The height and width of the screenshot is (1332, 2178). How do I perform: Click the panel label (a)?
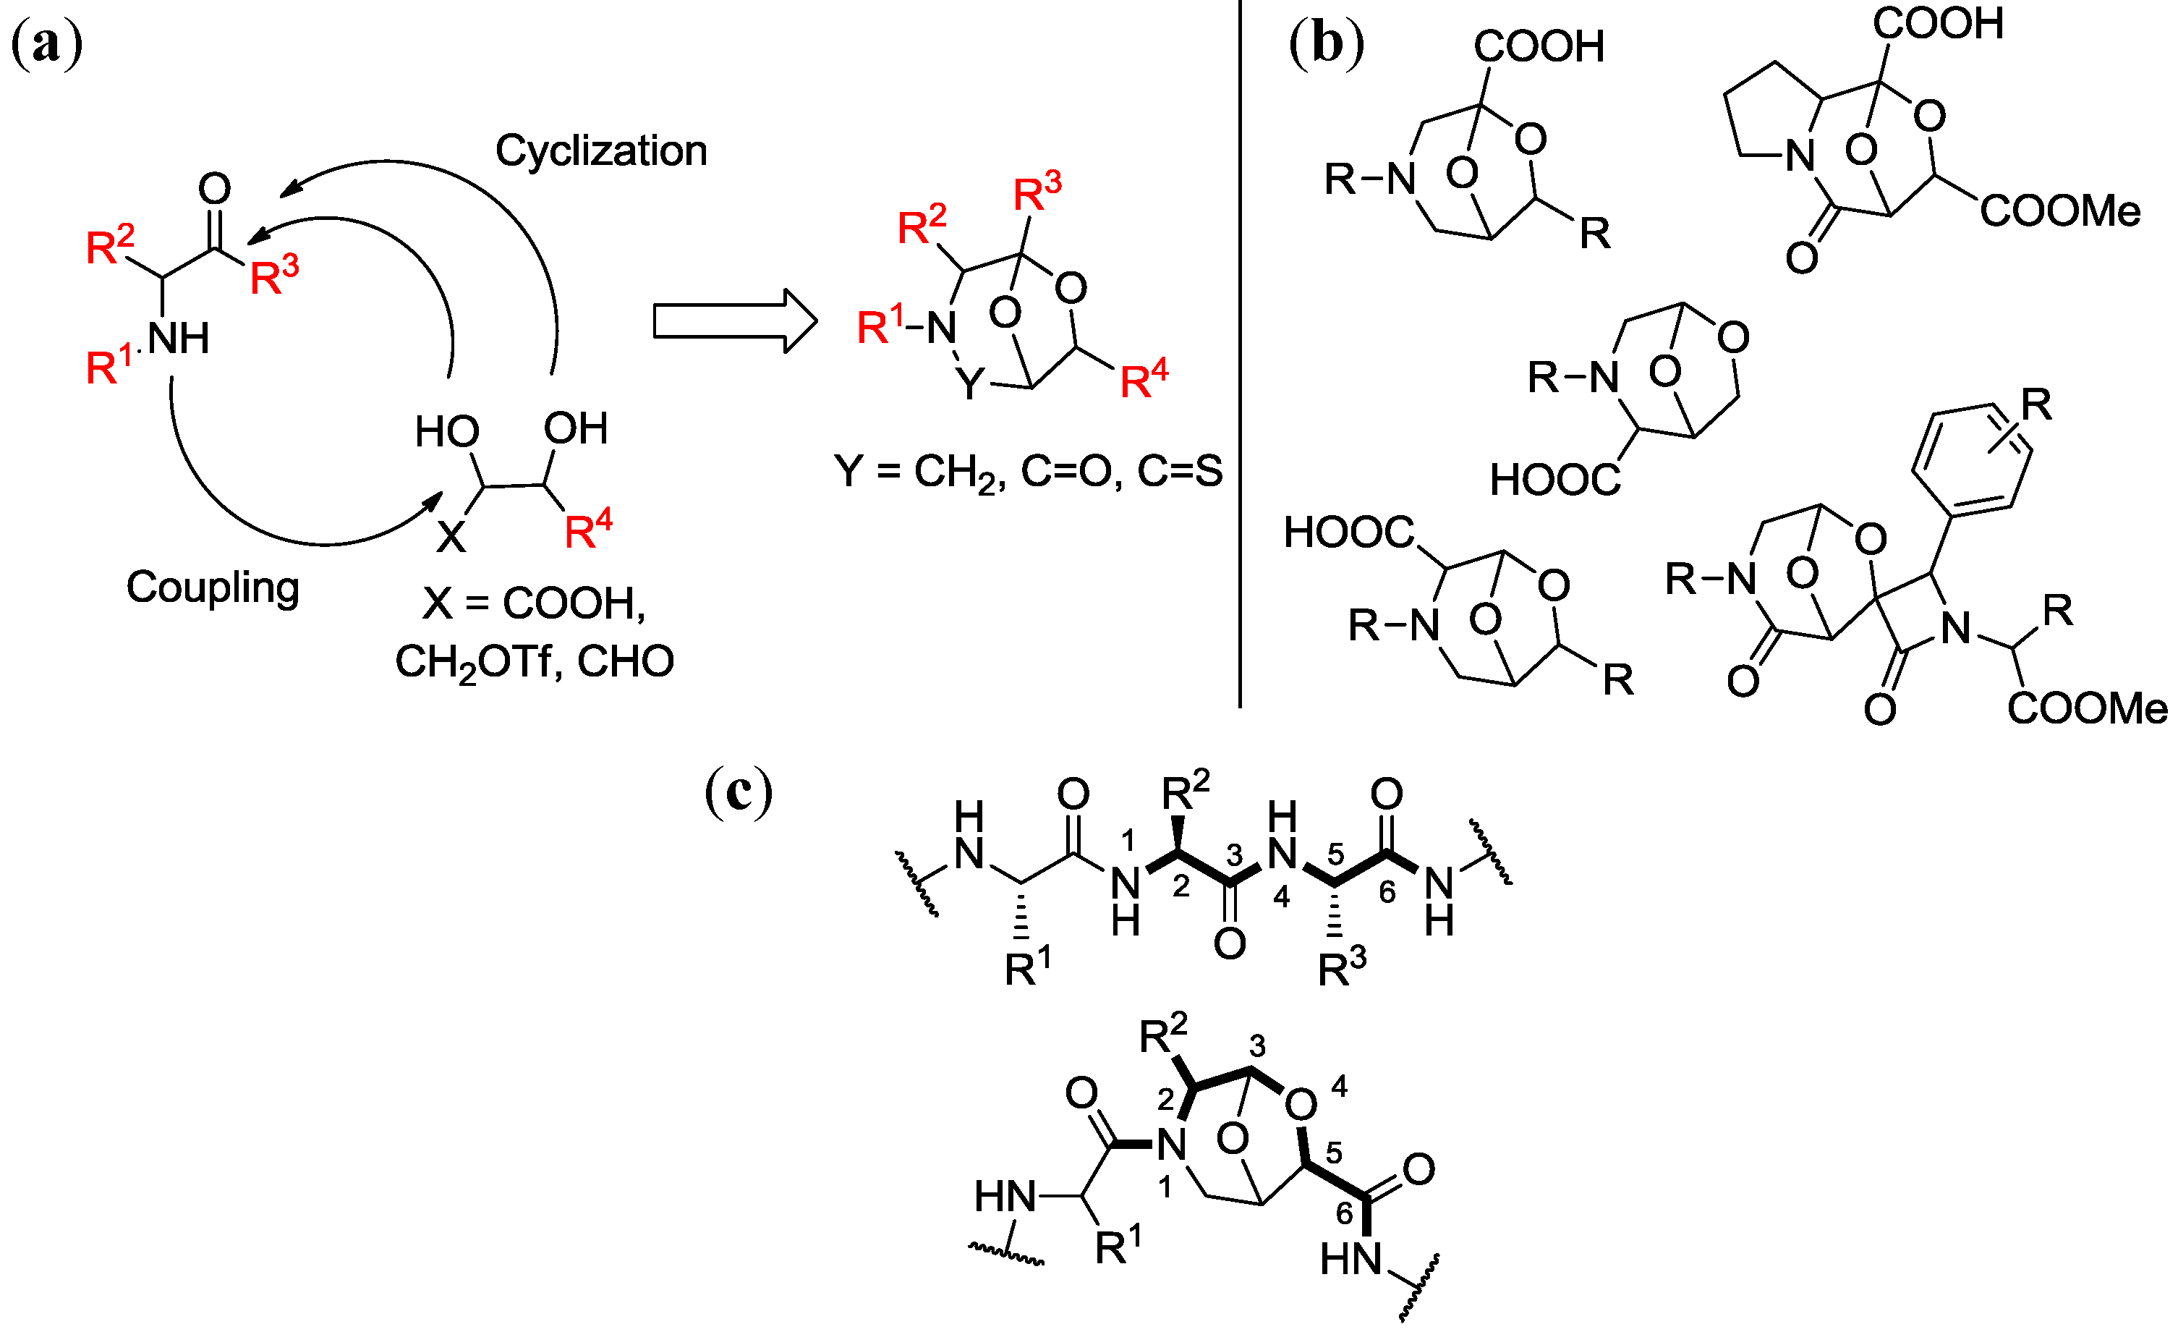pyautogui.click(x=47, y=44)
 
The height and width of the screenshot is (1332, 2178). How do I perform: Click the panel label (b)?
pyautogui.click(x=1326, y=44)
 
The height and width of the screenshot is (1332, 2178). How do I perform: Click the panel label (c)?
pyautogui.click(x=738, y=791)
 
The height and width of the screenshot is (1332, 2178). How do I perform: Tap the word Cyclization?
pyautogui.click(x=601, y=150)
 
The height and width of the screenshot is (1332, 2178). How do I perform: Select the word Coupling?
pyautogui.click(x=212, y=587)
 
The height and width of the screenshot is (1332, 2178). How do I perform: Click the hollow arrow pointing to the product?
pyautogui.click(x=733, y=320)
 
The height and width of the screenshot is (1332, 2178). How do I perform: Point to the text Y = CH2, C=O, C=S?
pyautogui.click(x=1028, y=471)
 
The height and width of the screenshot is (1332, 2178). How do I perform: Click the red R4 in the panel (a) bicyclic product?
pyautogui.click(x=1143, y=380)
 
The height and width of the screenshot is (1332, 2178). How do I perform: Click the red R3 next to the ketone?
pyautogui.click(x=274, y=275)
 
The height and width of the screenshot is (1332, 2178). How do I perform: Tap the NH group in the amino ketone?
pyautogui.click(x=178, y=339)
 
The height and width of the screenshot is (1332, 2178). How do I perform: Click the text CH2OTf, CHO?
pyautogui.click(x=534, y=662)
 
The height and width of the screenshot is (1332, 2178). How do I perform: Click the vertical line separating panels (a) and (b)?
pyautogui.click(x=1240, y=354)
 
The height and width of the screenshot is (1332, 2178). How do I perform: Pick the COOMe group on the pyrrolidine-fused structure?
pyautogui.click(x=2059, y=211)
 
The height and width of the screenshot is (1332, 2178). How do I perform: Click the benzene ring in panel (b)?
pyautogui.click(x=1971, y=459)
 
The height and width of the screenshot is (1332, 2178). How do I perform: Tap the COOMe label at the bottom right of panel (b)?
pyautogui.click(x=2086, y=708)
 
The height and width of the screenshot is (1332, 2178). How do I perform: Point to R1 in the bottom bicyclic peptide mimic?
pyautogui.click(x=1118, y=1244)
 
